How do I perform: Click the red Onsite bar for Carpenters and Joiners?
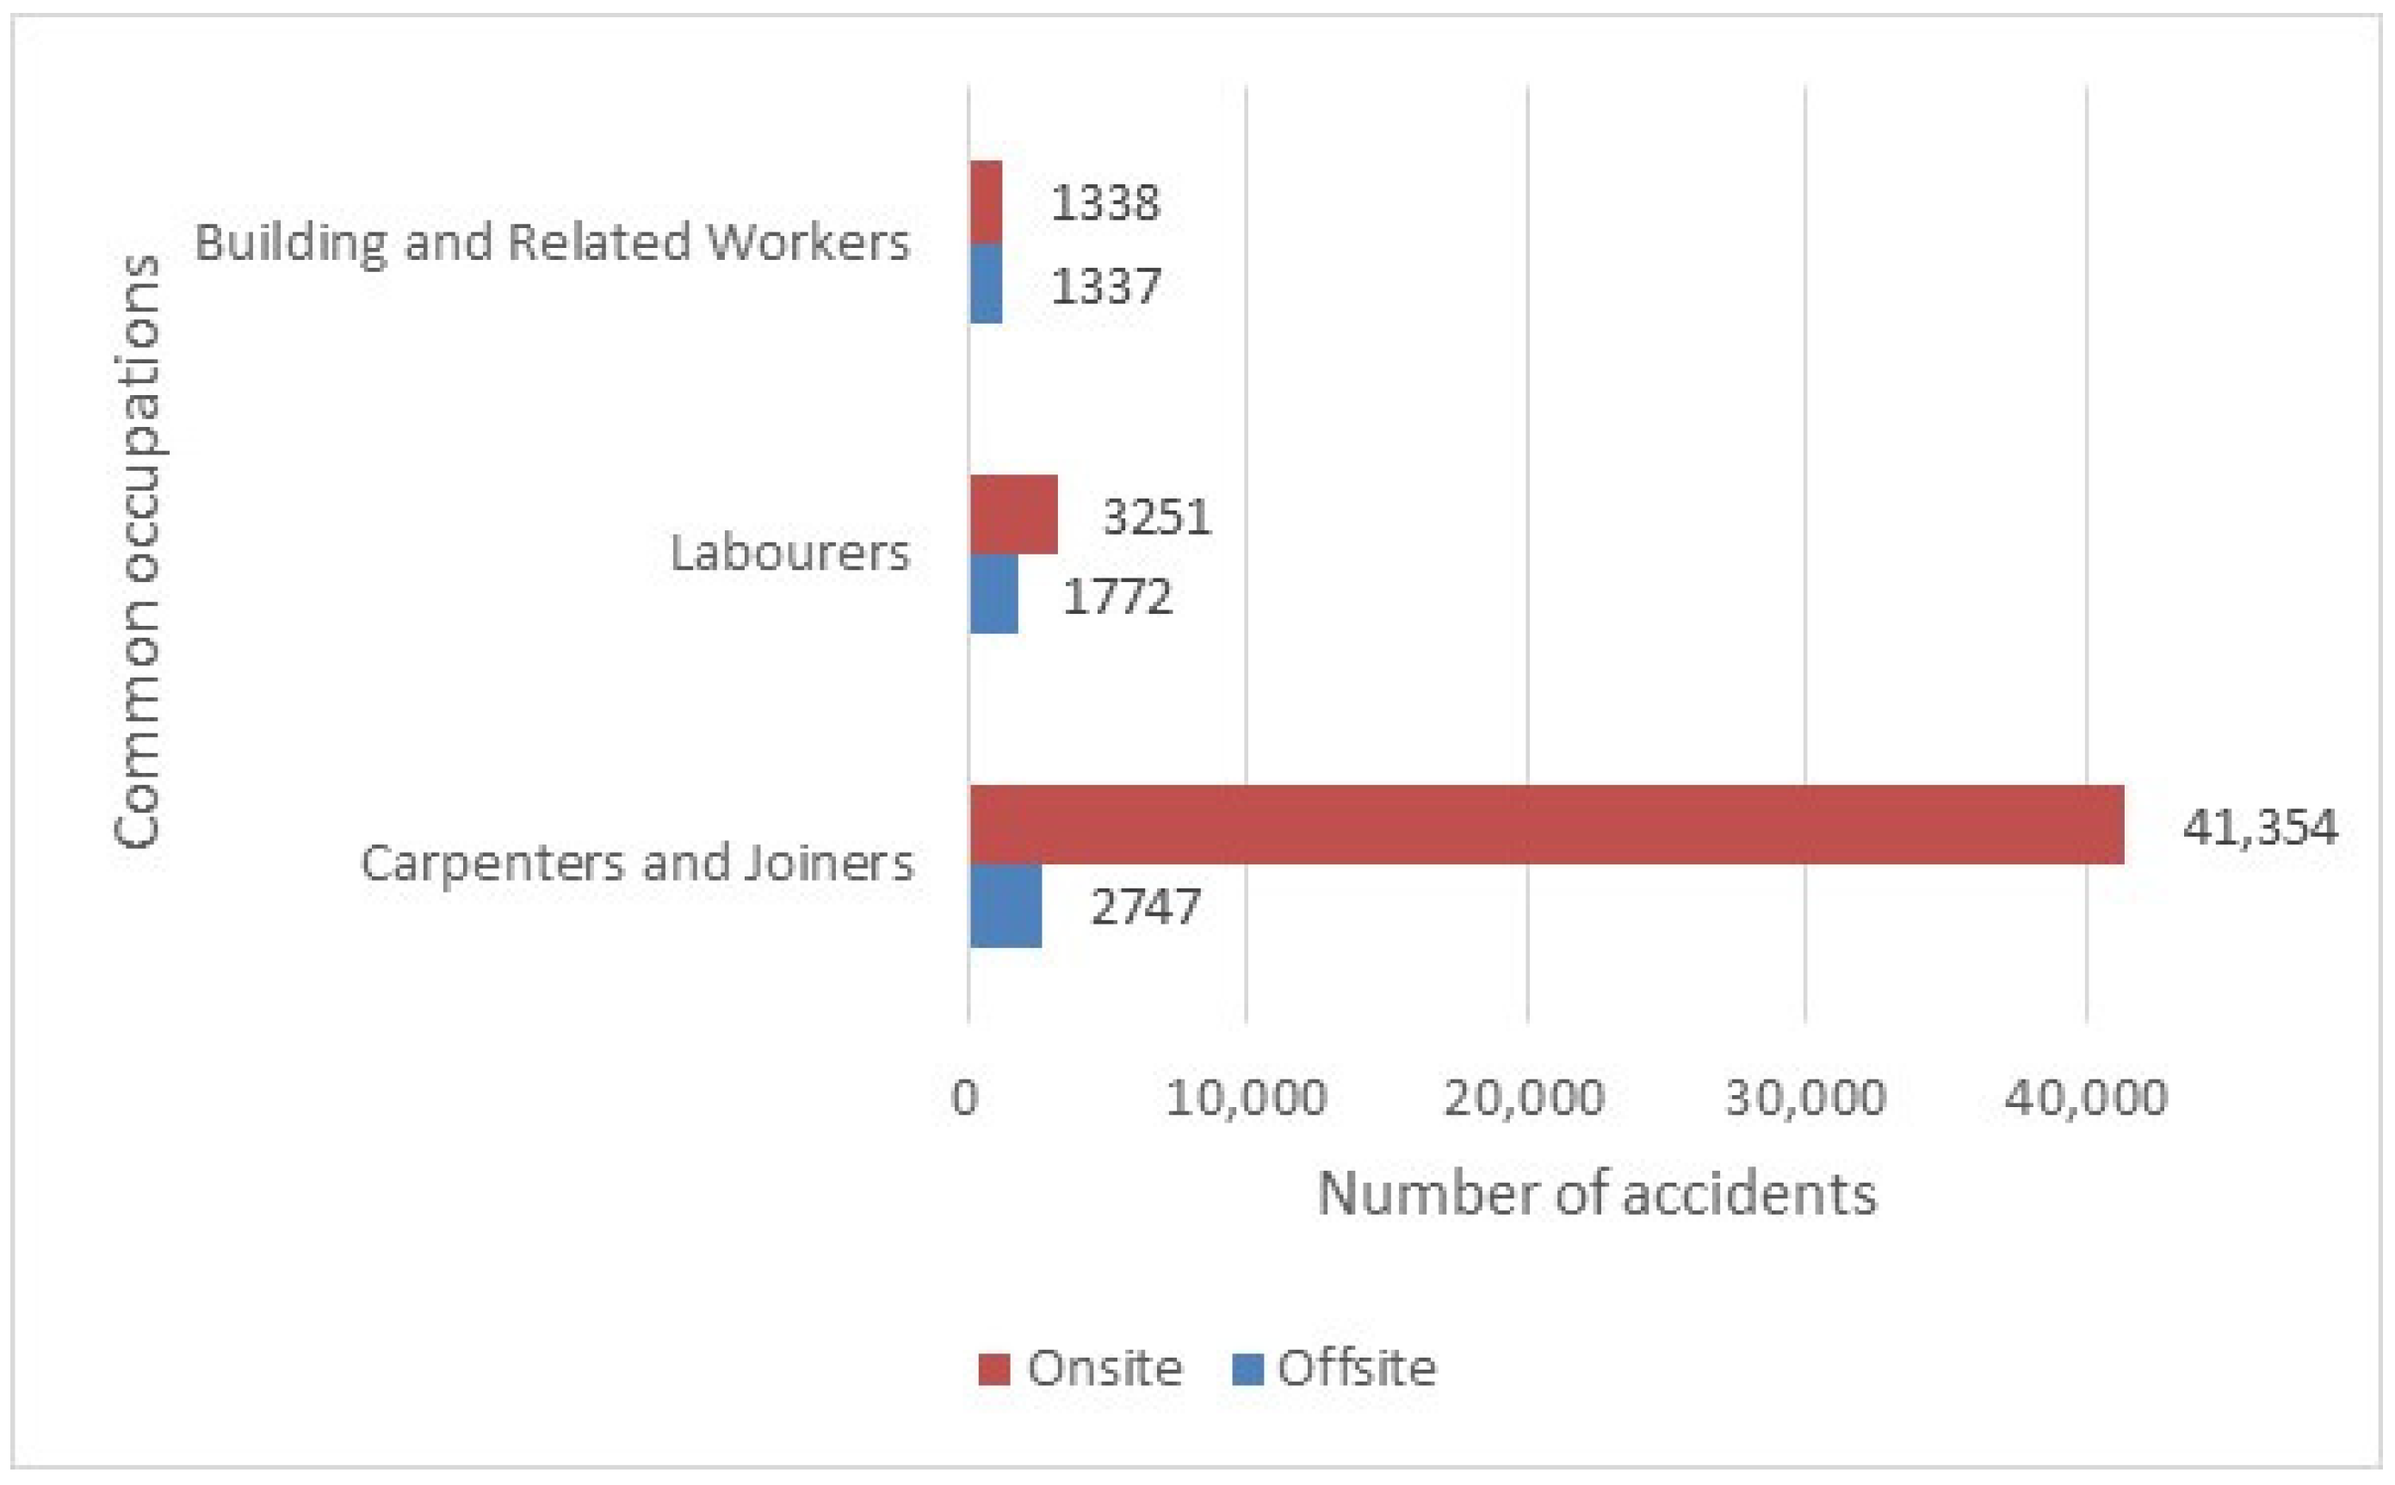(x=1546, y=824)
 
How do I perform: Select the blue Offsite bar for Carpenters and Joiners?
(x=1006, y=906)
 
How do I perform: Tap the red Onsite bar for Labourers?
(x=1013, y=515)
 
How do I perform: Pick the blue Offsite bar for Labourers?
(x=993, y=594)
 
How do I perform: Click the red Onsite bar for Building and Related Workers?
(x=986, y=202)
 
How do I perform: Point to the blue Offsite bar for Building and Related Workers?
(x=986, y=284)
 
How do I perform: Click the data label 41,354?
(x=2258, y=827)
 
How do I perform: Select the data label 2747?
(x=1145, y=906)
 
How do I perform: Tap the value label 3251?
(x=1157, y=516)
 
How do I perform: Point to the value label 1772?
(x=1117, y=597)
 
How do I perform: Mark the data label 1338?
(x=1105, y=203)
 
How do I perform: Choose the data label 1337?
(x=1105, y=286)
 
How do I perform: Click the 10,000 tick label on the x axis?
(x=1245, y=1097)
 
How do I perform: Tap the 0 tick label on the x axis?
(x=965, y=1097)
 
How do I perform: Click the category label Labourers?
(x=789, y=553)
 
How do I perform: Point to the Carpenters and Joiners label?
(x=636, y=863)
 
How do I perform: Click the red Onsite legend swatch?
(x=993, y=1368)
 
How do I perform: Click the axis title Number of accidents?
(x=1596, y=1194)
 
